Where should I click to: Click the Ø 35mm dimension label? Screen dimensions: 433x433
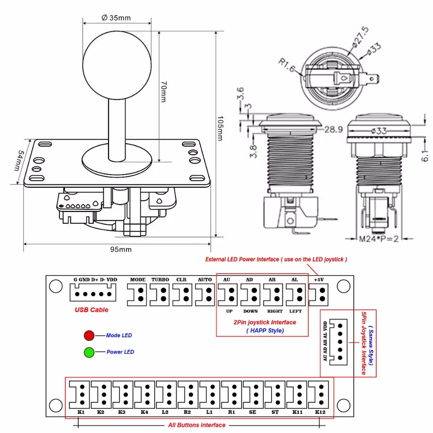click(116, 18)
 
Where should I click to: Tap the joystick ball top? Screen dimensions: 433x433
click(117, 65)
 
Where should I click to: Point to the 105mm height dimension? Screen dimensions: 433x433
click(220, 129)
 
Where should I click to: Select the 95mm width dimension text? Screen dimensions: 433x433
click(121, 249)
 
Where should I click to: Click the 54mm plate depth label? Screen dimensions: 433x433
click(19, 161)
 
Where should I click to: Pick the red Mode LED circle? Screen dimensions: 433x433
click(89, 335)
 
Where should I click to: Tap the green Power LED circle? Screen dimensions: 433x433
click(89, 352)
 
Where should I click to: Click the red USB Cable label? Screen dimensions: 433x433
click(91, 310)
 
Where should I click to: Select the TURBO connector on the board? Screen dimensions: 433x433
click(160, 295)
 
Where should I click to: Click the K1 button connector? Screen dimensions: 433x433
click(79, 394)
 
